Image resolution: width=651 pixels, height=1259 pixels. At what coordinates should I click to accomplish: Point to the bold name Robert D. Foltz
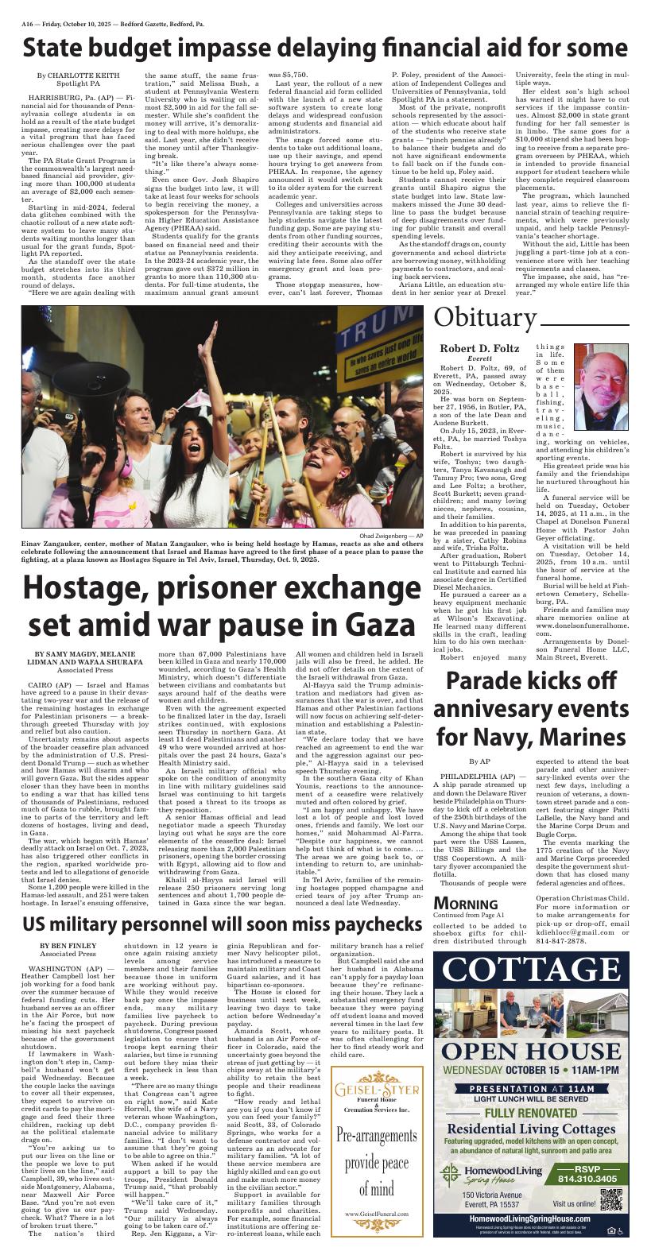coord(479,348)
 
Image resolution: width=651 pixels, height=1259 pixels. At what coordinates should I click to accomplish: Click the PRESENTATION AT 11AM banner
coord(531,1088)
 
